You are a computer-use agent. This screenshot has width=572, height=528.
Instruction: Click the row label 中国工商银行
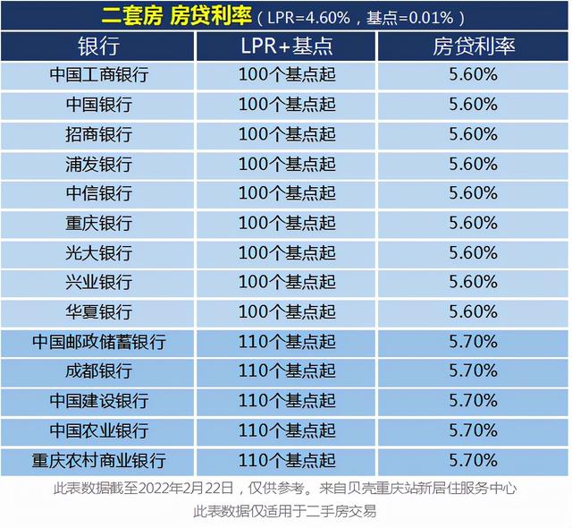click(x=98, y=75)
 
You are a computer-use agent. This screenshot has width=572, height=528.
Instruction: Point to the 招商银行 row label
click(x=98, y=134)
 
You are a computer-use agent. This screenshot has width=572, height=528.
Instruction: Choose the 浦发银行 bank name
click(x=98, y=164)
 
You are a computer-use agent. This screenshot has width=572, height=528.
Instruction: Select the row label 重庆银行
click(x=98, y=223)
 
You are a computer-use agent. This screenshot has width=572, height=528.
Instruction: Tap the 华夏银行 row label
click(x=98, y=311)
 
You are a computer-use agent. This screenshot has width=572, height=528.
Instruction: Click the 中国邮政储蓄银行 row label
click(x=98, y=341)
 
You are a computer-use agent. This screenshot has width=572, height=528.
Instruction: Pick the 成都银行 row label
click(x=98, y=370)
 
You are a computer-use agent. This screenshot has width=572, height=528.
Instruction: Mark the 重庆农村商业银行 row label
click(x=98, y=461)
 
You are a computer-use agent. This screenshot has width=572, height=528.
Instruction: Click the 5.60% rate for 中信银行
click(x=474, y=193)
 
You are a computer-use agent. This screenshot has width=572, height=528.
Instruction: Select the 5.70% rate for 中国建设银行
click(x=474, y=400)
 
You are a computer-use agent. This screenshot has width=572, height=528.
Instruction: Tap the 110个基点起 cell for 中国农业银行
click(x=287, y=430)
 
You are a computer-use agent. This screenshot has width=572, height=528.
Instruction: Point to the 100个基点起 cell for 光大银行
click(x=287, y=252)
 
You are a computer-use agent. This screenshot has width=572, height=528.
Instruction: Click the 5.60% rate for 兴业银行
click(x=474, y=282)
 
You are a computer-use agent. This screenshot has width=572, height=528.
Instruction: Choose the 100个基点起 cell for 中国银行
click(x=287, y=105)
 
